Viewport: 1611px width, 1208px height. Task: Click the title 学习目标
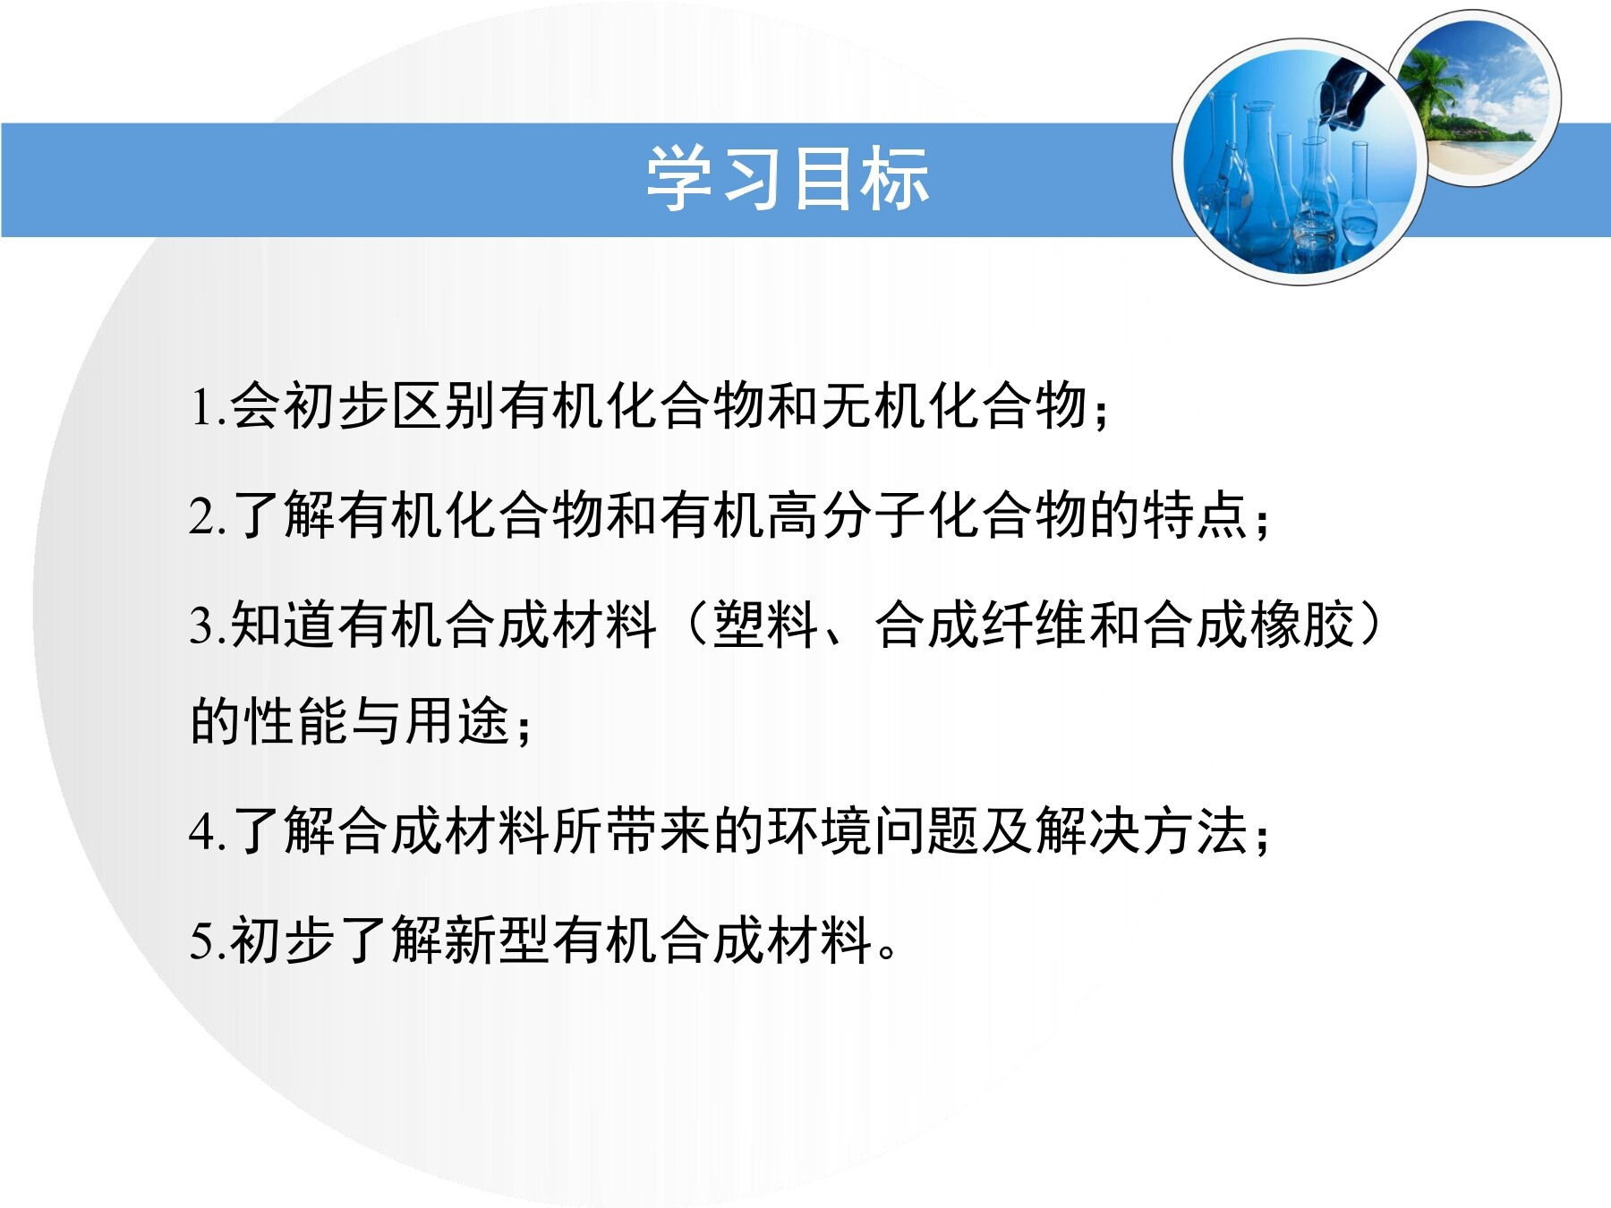[x=788, y=179]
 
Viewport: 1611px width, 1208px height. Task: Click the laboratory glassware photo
[x=1300, y=162]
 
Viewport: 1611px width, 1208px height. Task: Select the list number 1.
[x=202, y=407]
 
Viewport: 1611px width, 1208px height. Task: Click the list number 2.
[x=202, y=516]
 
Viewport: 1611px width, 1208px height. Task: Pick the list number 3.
[x=202, y=625]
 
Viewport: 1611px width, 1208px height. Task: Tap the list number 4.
[x=202, y=832]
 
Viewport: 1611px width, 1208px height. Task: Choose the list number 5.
[x=202, y=941]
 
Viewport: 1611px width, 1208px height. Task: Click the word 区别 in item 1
[x=446, y=406]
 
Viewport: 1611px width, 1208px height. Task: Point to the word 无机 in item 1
[x=874, y=406]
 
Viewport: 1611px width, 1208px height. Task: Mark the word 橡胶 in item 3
[x=1303, y=625]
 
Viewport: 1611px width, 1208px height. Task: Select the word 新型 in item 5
[x=499, y=940]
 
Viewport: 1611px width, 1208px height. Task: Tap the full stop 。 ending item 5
[x=887, y=951]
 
